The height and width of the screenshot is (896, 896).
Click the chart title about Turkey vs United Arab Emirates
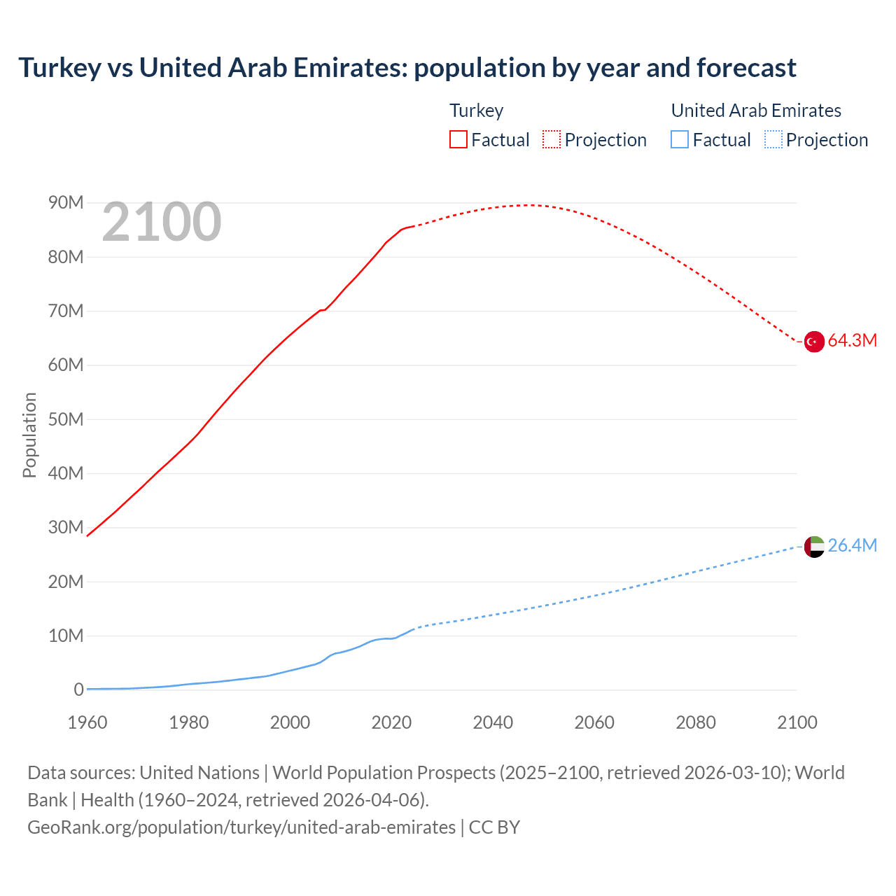407,68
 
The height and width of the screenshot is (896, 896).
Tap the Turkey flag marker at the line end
814,342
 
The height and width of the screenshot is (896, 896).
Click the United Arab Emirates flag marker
814,547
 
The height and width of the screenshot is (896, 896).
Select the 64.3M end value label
852,341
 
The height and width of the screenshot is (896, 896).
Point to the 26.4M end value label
852,546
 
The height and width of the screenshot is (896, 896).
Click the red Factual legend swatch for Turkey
458,140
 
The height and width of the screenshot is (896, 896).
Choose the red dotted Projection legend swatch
552,140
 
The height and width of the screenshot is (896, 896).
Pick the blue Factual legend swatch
680,140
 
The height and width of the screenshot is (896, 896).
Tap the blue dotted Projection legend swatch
773,140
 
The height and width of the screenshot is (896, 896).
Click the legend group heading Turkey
476,111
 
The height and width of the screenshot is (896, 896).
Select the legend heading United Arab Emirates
756,111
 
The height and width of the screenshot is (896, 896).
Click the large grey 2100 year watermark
162,222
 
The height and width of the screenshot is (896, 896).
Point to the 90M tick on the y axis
66,203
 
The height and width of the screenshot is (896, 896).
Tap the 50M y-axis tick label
66,419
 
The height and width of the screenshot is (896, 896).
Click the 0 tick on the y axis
78,690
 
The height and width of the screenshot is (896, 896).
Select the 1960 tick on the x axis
87,722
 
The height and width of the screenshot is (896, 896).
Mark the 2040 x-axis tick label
493,722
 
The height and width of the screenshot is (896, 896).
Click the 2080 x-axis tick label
696,722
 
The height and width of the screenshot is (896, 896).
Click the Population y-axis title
29,435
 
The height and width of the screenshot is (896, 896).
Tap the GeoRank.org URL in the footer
241,827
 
